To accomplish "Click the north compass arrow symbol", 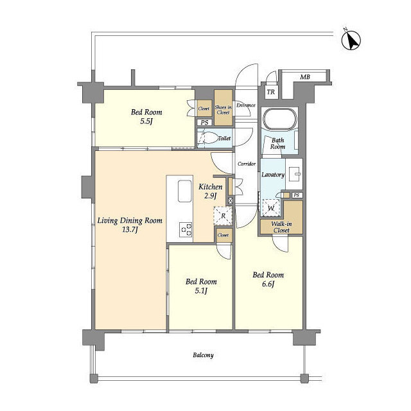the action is [351, 40].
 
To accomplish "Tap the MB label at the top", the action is [305, 77].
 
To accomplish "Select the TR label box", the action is [271, 92].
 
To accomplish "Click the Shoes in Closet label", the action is [223, 110].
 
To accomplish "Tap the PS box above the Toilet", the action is [204, 123].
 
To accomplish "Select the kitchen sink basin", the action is [185, 191].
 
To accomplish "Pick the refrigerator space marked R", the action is [223, 216].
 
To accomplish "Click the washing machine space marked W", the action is [271, 208].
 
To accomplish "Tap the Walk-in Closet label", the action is [281, 227].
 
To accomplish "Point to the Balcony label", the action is [203, 355].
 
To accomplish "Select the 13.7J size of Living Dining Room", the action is [130, 230].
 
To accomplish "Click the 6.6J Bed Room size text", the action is [268, 284].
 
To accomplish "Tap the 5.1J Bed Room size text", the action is [201, 291].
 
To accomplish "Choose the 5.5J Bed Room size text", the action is [146, 121].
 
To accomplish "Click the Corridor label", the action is [247, 164].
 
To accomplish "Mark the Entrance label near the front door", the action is [246, 105].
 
